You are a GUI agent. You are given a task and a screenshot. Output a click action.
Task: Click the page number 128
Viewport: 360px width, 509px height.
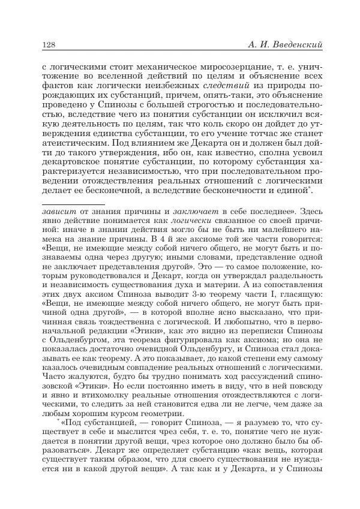[49, 46]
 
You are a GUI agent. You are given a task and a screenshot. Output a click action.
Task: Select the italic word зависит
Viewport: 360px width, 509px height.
[58, 212]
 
